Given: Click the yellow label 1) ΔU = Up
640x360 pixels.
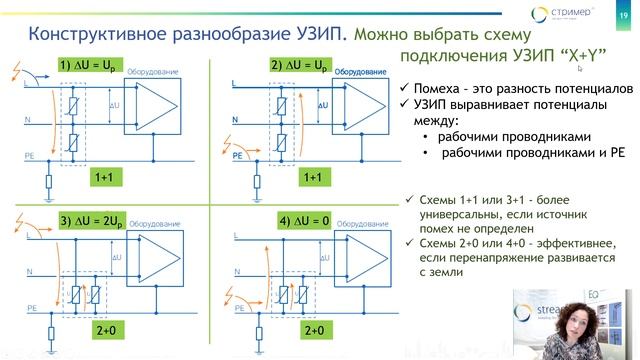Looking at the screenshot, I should (x=90, y=65).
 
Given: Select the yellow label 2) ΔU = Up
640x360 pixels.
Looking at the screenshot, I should (x=296, y=65).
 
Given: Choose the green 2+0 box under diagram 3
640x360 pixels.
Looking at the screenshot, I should (x=104, y=329).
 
